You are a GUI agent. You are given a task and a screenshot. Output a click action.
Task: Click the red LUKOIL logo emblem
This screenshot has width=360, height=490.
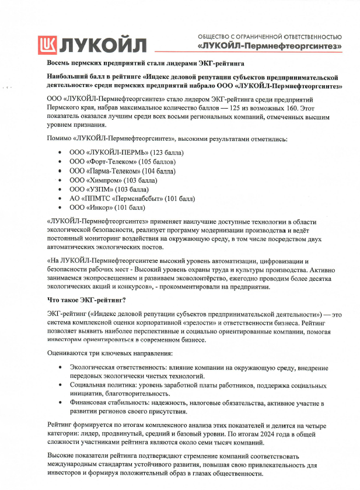(49, 44)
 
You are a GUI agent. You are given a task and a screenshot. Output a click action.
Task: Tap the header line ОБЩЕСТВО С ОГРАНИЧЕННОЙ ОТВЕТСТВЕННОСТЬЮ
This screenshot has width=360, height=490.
(270, 36)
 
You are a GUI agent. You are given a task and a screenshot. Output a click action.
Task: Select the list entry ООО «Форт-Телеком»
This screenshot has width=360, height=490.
(102, 162)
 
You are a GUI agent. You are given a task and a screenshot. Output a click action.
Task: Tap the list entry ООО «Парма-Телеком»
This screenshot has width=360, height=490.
(105, 171)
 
